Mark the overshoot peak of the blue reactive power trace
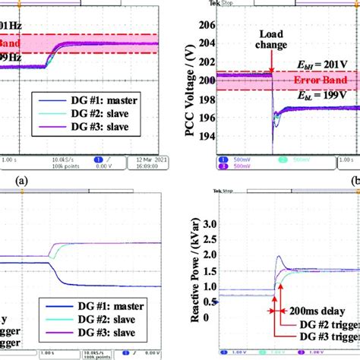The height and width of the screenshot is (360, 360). point(279,279)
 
